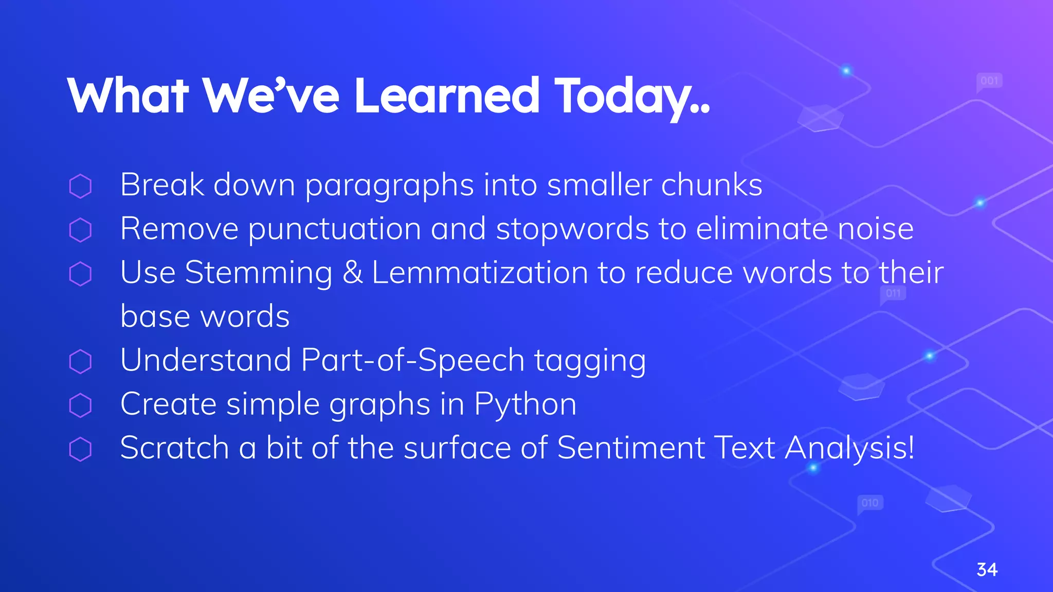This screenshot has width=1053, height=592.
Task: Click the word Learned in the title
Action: pos(446,96)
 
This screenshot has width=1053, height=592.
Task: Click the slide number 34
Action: pos(987,569)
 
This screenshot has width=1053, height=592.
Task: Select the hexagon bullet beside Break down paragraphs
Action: pos(80,186)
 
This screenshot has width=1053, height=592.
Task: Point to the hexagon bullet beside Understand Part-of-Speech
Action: pos(80,361)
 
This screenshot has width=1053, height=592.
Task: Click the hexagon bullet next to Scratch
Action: pos(80,449)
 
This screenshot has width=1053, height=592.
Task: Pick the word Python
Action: pos(525,404)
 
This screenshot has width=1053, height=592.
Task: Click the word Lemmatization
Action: pos(480,272)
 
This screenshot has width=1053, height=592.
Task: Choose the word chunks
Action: pos(711,185)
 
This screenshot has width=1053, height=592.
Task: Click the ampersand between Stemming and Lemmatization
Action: pos(352,272)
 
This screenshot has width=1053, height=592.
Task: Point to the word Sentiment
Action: pos(631,448)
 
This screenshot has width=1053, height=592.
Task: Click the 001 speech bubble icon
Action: pos(989,81)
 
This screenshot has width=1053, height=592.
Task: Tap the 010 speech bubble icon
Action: pos(870,503)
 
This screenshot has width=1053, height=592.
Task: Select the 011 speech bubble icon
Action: pos(893,294)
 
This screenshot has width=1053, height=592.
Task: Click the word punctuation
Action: pos(335,229)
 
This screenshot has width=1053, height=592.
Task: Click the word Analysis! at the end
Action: pos(849,449)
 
